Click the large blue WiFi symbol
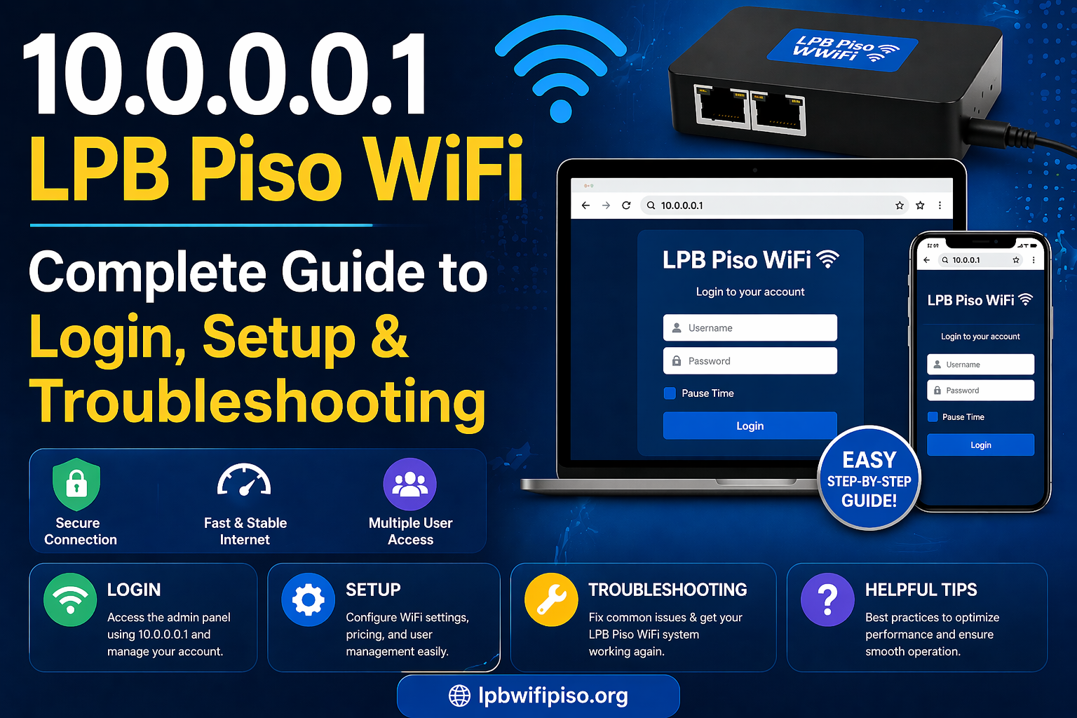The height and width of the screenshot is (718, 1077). coord(560,70)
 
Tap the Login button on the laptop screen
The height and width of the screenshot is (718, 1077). coord(750,426)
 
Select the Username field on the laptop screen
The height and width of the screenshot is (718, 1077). coord(750,327)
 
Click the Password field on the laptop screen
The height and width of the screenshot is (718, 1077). coord(750,361)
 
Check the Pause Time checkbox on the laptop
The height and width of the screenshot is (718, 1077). coord(670,393)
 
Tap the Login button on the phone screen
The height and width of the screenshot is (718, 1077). coord(980,445)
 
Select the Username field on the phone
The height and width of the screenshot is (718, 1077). coord(980,365)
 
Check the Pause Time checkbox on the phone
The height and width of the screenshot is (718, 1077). coord(933,417)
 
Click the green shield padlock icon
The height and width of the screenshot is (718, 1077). coord(76,484)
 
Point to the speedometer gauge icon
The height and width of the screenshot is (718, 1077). coord(244,481)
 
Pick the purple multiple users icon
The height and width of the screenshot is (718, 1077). coord(410,484)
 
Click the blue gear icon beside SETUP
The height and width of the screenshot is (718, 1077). coord(308,600)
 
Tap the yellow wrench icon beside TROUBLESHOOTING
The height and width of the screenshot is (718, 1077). coord(552,600)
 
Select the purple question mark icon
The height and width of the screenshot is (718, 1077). coord(827,600)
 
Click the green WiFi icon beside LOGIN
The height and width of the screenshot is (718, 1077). coord(70,600)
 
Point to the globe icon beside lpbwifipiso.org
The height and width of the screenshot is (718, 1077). coord(459,696)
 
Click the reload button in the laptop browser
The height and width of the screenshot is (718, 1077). coord(626,205)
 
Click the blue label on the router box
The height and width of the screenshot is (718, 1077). coord(842,50)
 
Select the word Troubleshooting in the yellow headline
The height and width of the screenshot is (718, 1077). coord(257,401)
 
